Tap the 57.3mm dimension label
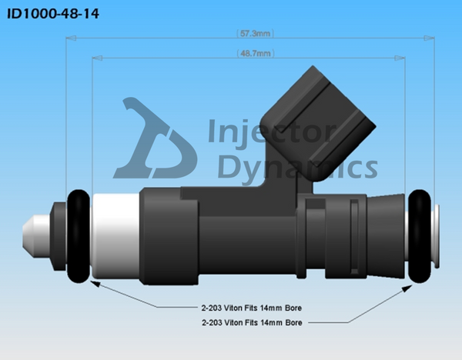coord(254,34)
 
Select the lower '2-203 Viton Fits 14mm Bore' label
coord(249,323)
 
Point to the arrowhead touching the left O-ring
coord(92,282)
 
